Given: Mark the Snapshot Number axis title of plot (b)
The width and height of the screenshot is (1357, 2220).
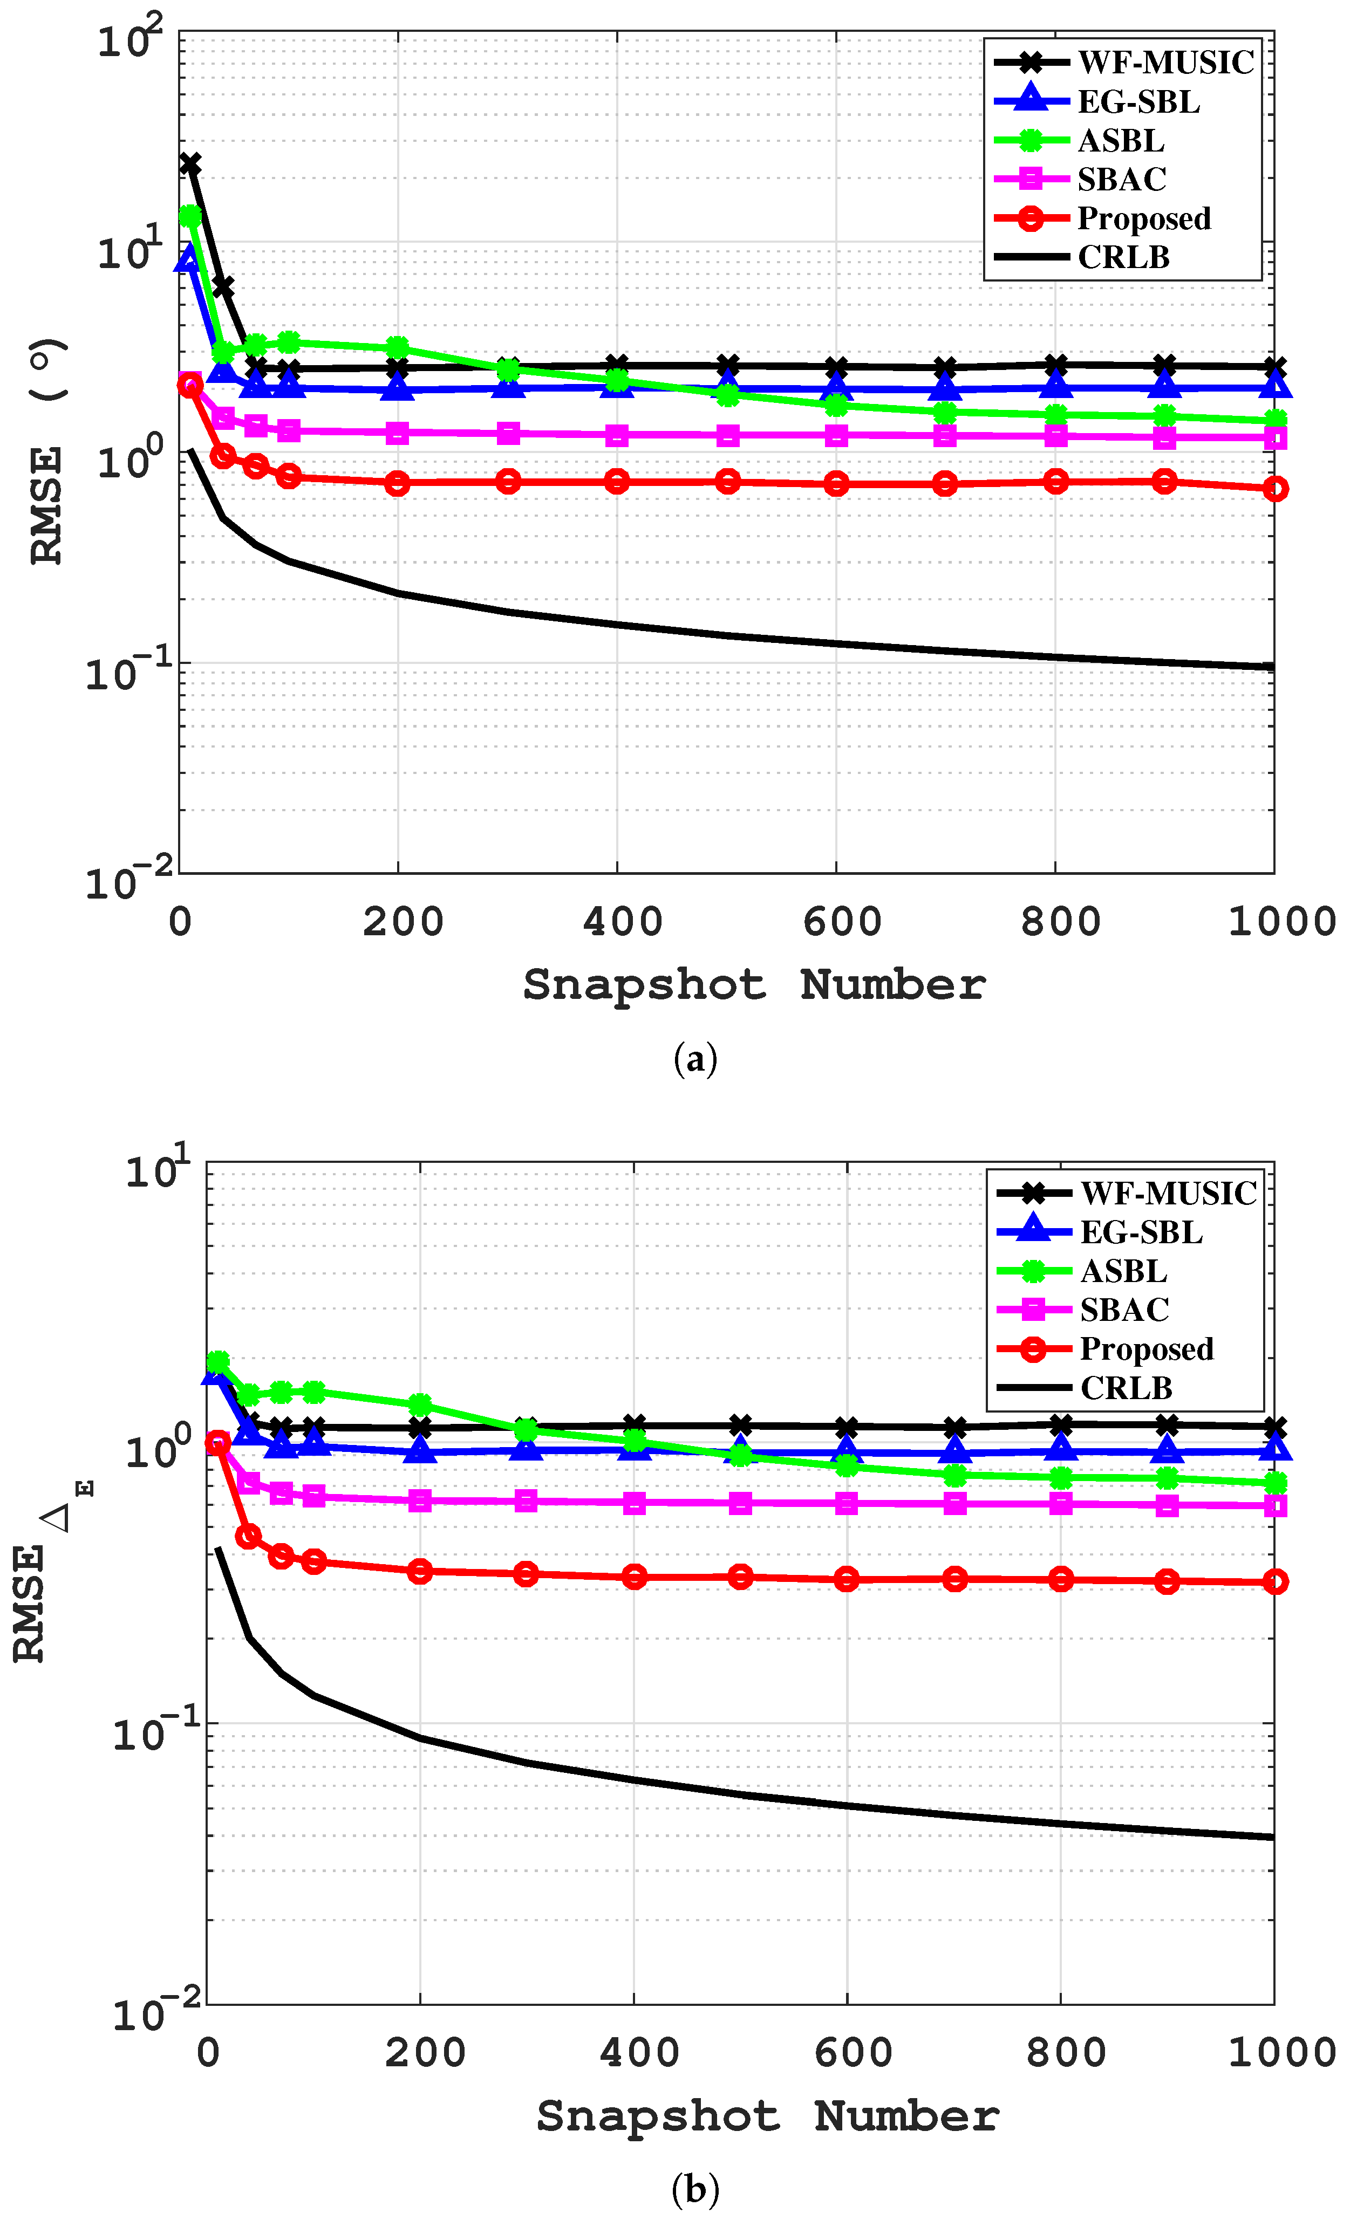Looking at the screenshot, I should [768, 2116].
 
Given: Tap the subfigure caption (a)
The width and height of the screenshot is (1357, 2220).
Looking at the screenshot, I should [695, 1058].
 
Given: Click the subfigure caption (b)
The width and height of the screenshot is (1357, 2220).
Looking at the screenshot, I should [695, 2189].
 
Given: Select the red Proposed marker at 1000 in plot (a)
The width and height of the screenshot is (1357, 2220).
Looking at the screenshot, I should [1274, 488].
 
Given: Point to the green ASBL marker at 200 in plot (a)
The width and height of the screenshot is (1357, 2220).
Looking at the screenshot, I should [397, 348].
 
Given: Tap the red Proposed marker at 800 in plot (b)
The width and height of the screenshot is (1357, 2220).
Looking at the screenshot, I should [1061, 1579].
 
